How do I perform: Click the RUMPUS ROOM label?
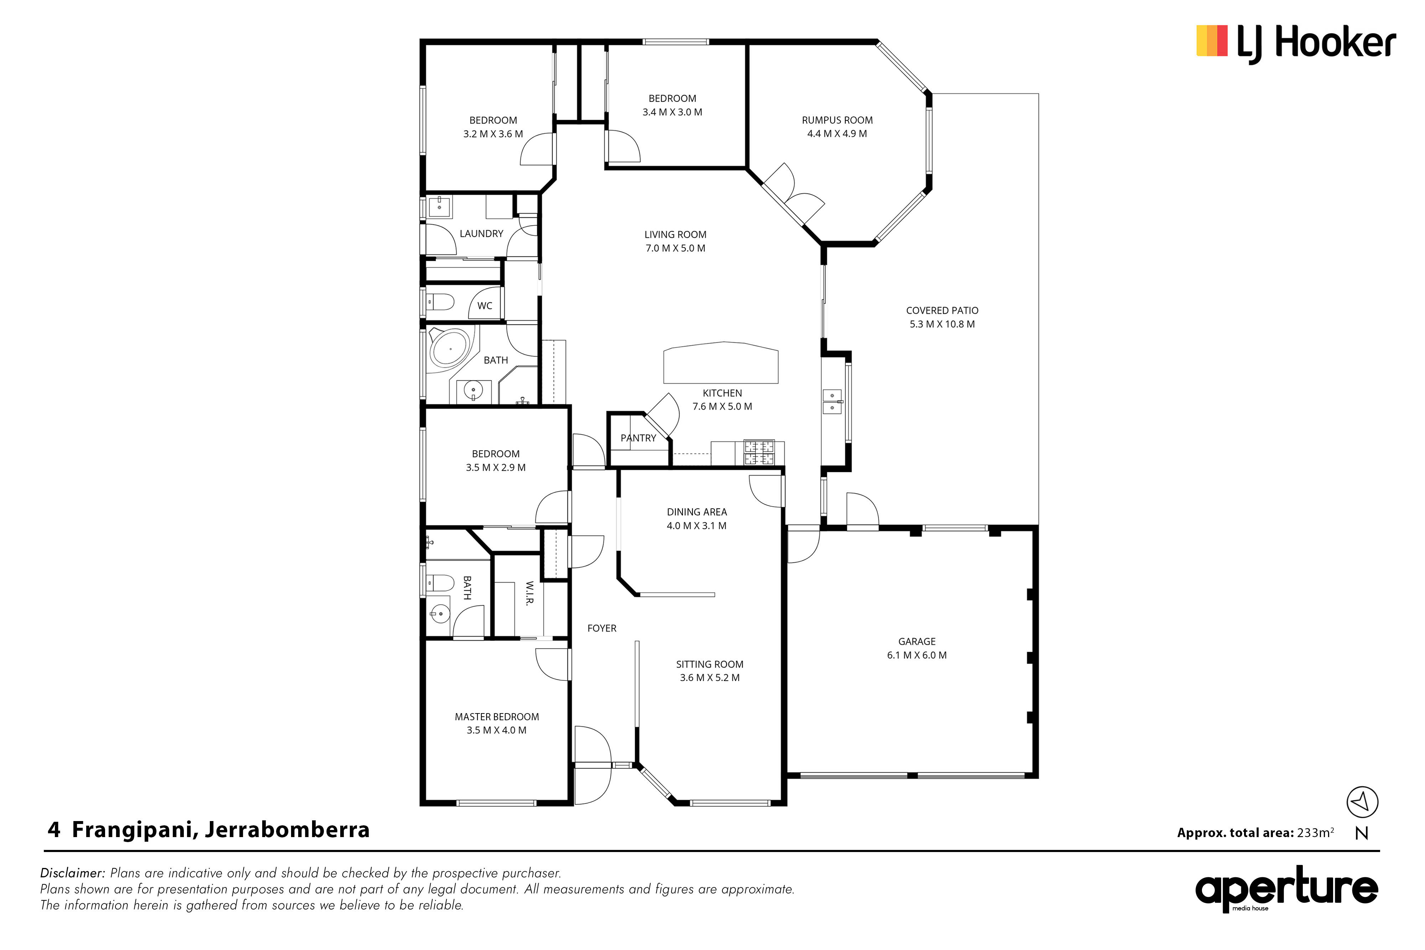837,120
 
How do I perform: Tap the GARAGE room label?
917,641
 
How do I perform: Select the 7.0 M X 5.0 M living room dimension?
675,248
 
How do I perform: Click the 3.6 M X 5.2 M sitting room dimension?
709,678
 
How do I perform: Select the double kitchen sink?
832,401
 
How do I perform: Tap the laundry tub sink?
439,207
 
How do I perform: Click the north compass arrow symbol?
1362,802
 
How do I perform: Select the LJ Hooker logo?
1296,43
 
